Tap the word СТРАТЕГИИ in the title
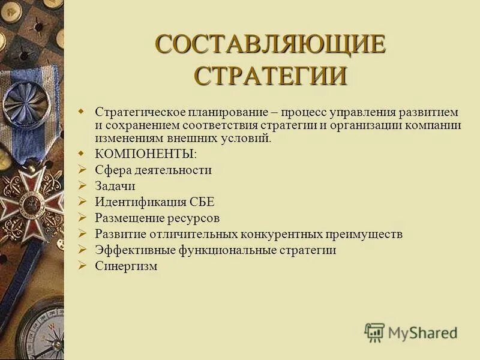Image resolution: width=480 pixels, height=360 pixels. (x=271, y=76)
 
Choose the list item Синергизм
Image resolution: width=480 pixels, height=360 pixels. (x=126, y=266)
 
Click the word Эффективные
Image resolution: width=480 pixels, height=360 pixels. (x=125, y=250)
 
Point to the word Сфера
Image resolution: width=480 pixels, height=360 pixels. (x=110, y=170)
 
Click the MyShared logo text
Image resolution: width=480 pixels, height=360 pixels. (x=422, y=332)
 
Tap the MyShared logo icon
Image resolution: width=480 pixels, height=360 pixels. (x=374, y=332)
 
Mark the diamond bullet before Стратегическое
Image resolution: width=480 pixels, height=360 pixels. (x=83, y=112)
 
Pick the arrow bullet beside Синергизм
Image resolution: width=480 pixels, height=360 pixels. (x=83, y=266)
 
